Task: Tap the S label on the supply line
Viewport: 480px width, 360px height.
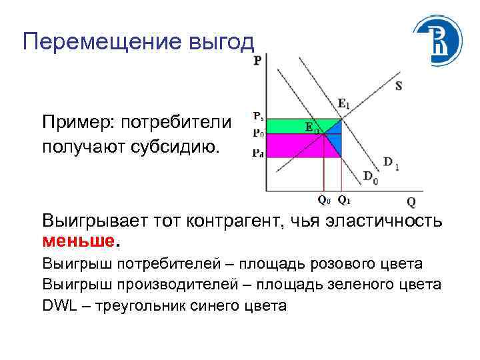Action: click(399, 86)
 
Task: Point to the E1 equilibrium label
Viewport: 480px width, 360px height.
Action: click(344, 103)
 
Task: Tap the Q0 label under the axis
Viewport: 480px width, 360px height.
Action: click(323, 199)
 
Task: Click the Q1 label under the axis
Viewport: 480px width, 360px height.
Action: click(344, 199)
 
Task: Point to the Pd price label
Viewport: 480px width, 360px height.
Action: click(257, 153)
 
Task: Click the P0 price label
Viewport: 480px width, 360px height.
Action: click(257, 133)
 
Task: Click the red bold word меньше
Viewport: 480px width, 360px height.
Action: click(72, 239)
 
